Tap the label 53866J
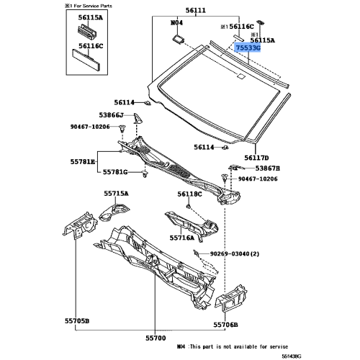pyautogui.click(x=112, y=115)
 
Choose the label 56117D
pyautogui.click(x=256, y=157)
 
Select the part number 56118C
pyautogui.click(x=191, y=194)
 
